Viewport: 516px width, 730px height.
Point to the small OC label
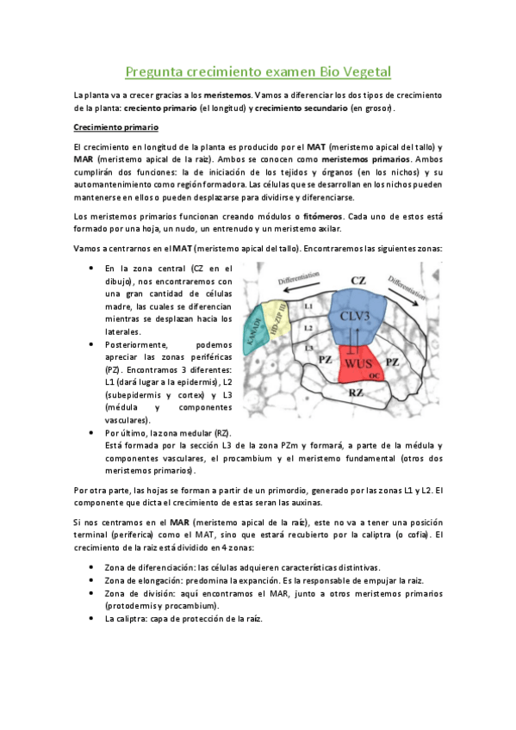click(x=375, y=375)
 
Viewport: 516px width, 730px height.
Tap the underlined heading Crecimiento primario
click(x=109, y=127)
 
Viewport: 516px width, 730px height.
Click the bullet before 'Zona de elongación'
click(x=92, y=581)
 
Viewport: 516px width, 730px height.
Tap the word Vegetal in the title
click(x=365, y=71)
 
